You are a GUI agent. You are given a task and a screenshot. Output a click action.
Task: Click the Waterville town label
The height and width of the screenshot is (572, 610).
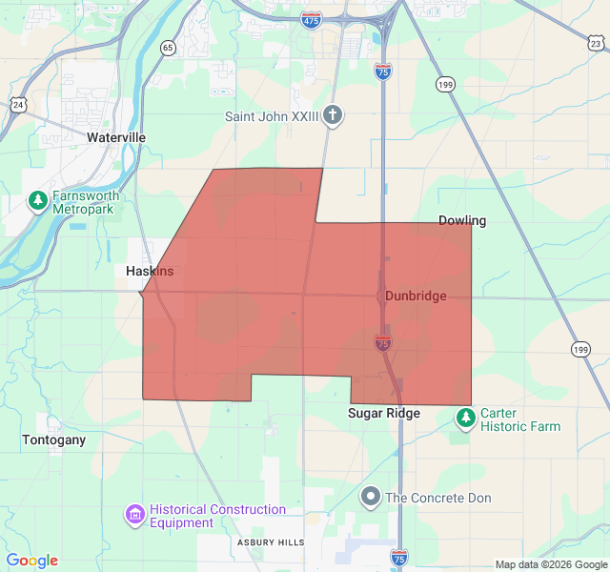pos(116,137)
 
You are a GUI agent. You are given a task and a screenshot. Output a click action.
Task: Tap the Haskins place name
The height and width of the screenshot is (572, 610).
pos(150,272)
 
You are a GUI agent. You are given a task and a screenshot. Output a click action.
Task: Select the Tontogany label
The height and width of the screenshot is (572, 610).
pos(53,440)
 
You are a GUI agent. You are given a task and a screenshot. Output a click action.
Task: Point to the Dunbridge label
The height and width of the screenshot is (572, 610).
pos(416,296)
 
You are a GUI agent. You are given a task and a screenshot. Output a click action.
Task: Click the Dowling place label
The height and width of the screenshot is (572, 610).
pos(462,221)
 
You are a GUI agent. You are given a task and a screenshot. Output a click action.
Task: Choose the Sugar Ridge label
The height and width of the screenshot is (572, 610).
pos(383,414)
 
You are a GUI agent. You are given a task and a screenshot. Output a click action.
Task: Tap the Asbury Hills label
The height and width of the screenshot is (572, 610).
pos(271,542)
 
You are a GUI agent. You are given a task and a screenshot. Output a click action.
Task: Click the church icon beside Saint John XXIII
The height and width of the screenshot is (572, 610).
pos(332,116)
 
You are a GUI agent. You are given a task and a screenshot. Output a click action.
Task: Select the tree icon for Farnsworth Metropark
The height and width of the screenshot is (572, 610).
pos(37,201)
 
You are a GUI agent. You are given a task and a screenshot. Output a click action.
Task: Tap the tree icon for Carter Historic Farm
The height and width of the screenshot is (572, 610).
pos(465,419)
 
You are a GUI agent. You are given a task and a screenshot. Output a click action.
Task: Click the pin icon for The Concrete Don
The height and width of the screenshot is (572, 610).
pos(370,497)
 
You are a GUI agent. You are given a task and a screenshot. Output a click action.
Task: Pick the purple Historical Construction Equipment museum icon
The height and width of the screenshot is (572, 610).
pos(134,516)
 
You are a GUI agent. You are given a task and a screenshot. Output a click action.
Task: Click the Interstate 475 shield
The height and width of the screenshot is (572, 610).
pos(312,19)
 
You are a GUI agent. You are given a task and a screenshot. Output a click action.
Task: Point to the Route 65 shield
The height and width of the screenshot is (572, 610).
pos(168,48)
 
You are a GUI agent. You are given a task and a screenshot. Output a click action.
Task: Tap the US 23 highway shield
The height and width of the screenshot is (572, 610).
pos(596,43)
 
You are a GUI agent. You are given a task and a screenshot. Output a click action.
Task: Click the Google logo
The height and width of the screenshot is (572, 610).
pos(31,561)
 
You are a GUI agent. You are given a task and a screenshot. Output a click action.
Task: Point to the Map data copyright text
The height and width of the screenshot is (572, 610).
pos(551,564)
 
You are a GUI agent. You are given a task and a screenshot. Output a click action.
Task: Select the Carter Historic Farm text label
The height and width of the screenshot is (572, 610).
pos(519,419)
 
